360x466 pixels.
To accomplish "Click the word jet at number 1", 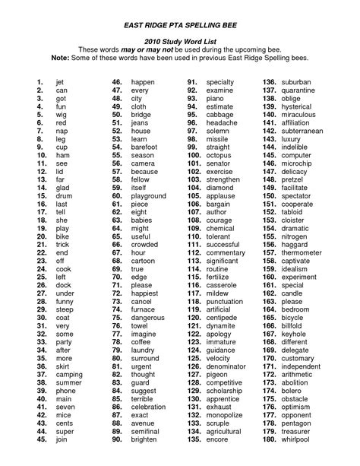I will (61, 81).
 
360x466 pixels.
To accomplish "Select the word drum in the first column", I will (65, 196).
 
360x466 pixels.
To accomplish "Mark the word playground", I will (148, 196).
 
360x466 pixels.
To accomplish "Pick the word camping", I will (69, 375).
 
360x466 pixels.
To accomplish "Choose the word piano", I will (215, 99).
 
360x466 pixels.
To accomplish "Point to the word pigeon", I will (217, 375).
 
